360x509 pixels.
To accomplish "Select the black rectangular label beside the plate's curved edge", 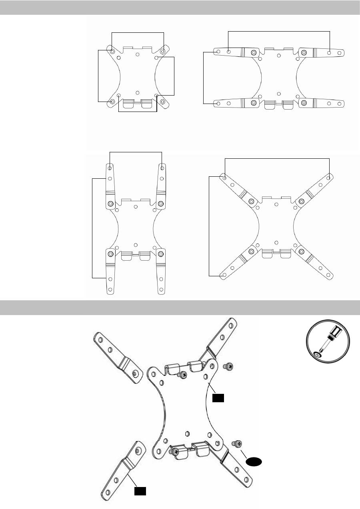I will [x=218, y=397].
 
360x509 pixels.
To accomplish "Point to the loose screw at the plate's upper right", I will [x=229, y=365].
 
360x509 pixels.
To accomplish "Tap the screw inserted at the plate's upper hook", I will [x=184, y=375].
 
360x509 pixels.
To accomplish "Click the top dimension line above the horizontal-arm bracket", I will [x=279, y=31].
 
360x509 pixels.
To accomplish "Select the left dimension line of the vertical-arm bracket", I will [x=92, y=228].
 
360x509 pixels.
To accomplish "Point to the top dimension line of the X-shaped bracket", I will [x=277, y=159].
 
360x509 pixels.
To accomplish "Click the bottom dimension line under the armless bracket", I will [x=138, y=112].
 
